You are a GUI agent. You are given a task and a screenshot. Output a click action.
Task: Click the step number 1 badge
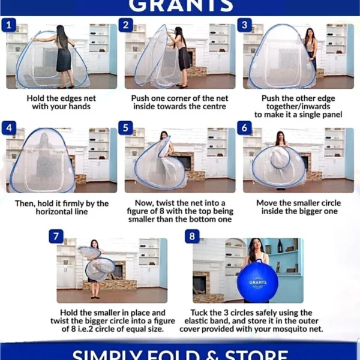pos(9,25)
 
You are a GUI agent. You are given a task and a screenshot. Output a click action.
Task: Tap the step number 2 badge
pos(126,25)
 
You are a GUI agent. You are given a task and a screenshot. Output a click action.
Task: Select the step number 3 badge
pos(245,25)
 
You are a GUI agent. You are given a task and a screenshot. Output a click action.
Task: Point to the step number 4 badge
pos(9,128)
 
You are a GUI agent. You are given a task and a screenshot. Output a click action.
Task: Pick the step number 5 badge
pos(125,128)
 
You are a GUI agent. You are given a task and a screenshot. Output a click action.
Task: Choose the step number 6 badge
pos(245,128)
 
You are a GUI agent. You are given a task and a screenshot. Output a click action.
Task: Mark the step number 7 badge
pos(56,236)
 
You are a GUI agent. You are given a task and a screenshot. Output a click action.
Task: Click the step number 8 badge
pos(192,236)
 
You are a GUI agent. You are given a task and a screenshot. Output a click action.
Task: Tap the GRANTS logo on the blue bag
pos(258,283)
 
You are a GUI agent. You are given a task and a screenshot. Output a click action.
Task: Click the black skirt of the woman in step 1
pos(64,59)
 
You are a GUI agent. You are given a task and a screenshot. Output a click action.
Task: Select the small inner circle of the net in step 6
pos(280,158)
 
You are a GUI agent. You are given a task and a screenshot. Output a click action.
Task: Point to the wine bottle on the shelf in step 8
pos(280,246)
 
